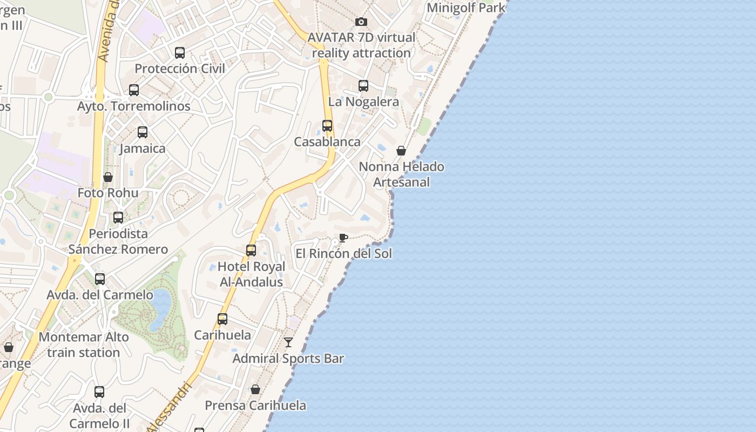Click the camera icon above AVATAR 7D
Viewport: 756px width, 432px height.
click(361, 22)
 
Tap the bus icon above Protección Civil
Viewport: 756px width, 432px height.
click(180, 53)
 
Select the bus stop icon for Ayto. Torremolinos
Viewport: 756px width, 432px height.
click(134, 90)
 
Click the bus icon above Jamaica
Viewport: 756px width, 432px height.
click(143, 132)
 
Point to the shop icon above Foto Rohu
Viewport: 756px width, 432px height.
click(108, 177)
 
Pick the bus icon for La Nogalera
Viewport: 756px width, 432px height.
click(363, 86)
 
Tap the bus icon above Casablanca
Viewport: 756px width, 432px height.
click(327, 126)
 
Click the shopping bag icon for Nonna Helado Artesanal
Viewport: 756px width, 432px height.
click(401, 151)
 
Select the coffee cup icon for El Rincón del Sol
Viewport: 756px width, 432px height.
click(343, 238)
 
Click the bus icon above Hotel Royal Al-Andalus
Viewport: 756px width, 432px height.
click(251, 251)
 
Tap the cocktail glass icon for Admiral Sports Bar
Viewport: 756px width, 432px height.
click(288, 342)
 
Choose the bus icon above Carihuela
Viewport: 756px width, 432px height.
click(222, 319)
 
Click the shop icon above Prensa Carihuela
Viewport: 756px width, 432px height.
click(255, 389)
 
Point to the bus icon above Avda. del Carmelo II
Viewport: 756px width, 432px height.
click(99, 392)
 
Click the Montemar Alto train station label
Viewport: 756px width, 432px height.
click(84, 345)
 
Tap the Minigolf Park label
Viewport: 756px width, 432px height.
click(466, 8)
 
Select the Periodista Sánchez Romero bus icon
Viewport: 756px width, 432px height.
click(118, 218)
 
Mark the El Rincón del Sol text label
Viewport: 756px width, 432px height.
click(344, 253)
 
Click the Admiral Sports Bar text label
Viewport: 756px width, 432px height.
click(288, 359)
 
